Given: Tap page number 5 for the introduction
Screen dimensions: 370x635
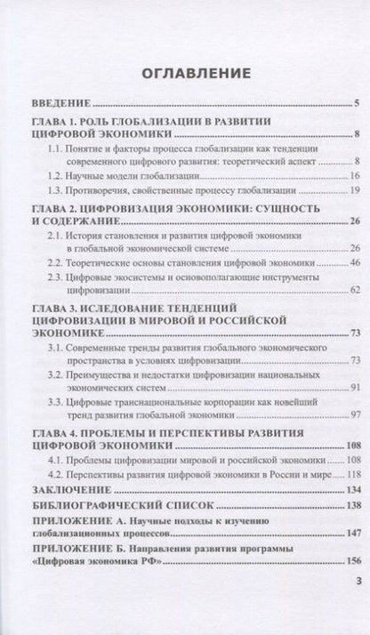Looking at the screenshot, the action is coord(354,103).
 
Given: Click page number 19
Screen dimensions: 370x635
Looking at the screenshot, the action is coord(351,191).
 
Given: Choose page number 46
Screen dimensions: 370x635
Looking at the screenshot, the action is coord(351,263).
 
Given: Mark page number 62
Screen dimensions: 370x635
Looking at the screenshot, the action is coord(351,289).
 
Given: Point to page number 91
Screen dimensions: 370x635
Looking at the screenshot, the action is coord(351,388).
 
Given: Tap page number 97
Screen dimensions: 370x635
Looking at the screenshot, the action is coord(351,414).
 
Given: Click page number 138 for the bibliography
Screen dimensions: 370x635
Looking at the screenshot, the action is coord(350,503).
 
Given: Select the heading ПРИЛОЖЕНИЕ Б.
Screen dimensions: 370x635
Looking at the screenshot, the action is coord(81,547).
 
